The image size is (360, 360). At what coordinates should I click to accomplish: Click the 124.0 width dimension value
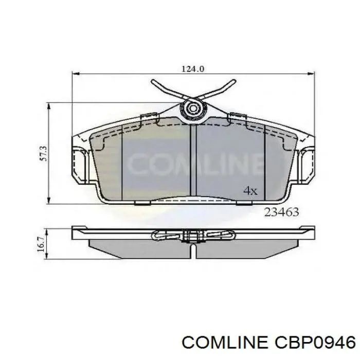click(x=193, y=67)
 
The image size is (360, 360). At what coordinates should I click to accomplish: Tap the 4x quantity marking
click(x=250, y=191)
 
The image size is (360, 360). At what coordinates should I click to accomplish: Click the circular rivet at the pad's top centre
click(x=194, y=108)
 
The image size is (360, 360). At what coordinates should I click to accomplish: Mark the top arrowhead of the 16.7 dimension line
click(x=49, y=227)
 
